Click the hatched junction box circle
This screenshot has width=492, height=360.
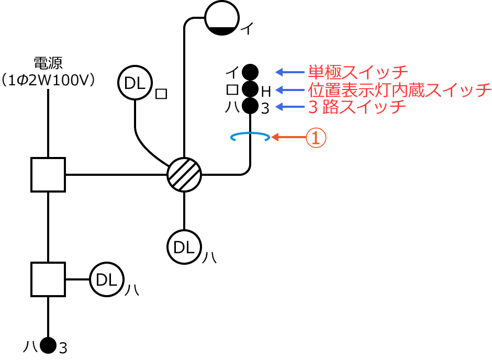[184, 175]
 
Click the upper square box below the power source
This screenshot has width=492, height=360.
[48, 175]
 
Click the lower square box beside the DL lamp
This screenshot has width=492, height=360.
[48, 279]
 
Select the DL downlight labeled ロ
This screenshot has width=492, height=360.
[135, 83]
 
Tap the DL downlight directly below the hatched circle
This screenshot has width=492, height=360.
[184, 248]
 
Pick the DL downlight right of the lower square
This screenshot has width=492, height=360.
[107, 279]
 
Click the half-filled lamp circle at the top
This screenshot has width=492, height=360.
[222, 17]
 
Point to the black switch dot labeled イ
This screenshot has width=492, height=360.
[250, 72]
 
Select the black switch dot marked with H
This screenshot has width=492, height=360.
[250, 89]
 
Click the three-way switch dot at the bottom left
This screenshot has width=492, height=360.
[48, 345]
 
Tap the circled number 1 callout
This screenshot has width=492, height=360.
[316, 138]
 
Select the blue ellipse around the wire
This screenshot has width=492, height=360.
[250, 137]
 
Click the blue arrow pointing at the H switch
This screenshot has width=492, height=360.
[290, 89]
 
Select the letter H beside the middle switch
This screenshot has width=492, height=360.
[266, 92]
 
